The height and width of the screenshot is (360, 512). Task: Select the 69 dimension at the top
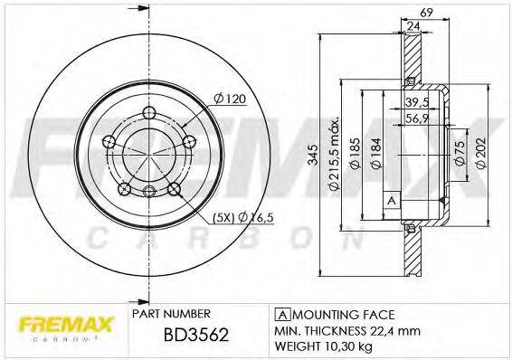coord(426,12)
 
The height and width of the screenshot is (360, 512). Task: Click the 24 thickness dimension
coord(413,28)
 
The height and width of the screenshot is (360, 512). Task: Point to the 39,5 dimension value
coord(417,102)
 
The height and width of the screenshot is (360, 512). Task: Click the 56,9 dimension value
coord(417,118)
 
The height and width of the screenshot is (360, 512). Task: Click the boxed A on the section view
coord(391,199)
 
